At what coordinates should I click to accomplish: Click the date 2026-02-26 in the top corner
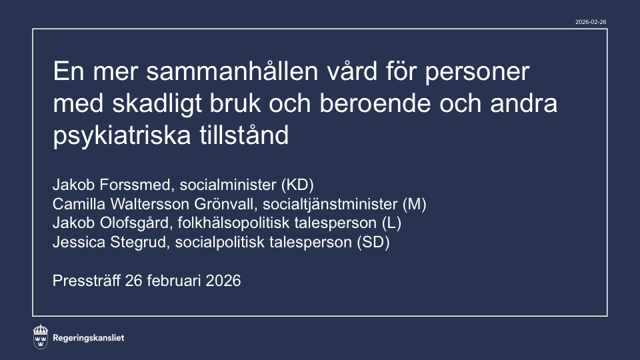[x=591, y=22]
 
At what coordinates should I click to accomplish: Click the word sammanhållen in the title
[x=232, y=71]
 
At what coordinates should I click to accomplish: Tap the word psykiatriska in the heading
[x=121, y=136]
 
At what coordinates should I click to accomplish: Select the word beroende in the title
[x=375, y=103]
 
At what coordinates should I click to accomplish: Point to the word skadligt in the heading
[x=157, y=104]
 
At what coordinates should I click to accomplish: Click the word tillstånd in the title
[x=244, y=135]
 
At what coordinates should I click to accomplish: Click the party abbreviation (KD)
[x=297, y=185]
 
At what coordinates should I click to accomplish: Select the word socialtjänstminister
[x=330, y=204]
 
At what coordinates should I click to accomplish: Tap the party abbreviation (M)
[x=414, y=204]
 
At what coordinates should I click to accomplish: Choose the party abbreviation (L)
[x=392, y=223]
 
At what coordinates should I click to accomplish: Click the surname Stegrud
[x=139, y=242]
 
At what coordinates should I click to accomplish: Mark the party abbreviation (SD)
[x=373, y=242]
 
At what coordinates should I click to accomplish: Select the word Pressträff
[x=87, y=281]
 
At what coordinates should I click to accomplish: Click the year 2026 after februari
[x=223, y=281]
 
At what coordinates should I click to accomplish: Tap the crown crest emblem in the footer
[x=41, y=337]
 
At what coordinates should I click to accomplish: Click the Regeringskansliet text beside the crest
[x=89, y=338]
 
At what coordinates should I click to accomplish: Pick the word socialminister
[x=228, y=185]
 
